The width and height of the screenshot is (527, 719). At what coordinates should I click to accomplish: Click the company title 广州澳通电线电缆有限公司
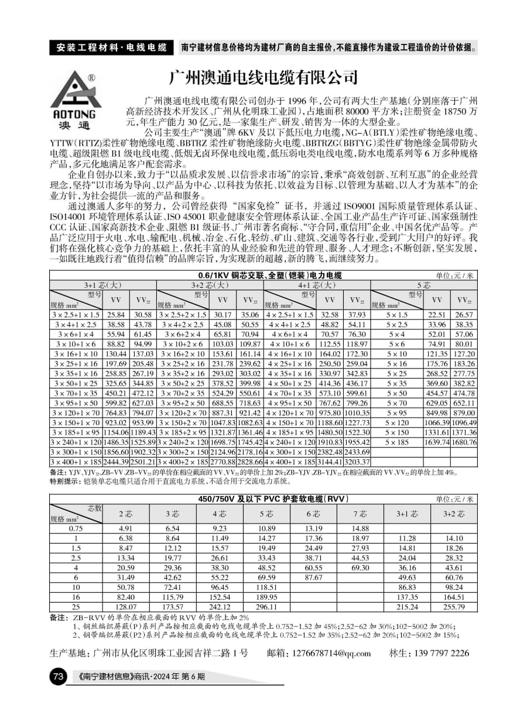[x=262, y=77]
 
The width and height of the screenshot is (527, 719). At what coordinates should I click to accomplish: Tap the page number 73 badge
[x=59, y=677]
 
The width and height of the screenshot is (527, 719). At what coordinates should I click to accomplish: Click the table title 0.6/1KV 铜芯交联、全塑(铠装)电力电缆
[x=269, y=275]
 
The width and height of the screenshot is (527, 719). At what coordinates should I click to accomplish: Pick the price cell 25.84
[x=116, y=315]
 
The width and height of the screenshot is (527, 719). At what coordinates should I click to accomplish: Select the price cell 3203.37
[x=357, y=462]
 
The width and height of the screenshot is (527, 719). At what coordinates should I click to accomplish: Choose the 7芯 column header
[x=360, y=514]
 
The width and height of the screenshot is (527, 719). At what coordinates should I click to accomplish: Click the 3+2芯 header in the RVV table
[x=454, y=514]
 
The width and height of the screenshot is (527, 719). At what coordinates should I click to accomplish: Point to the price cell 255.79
[x=454, y=607]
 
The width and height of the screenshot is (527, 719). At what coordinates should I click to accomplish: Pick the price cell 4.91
[x=126, y=528]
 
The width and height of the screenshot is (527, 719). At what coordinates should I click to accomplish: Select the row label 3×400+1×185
[x=76, y=462]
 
